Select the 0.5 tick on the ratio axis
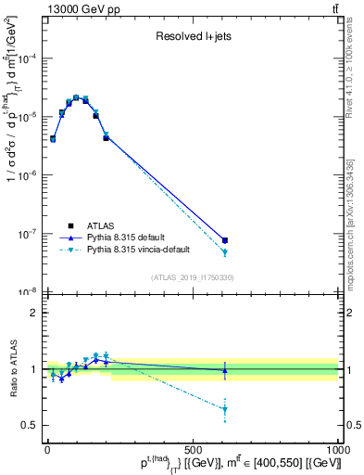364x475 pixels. click(x=31, y=425)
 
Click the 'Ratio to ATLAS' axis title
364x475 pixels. click(x=11, y=368)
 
